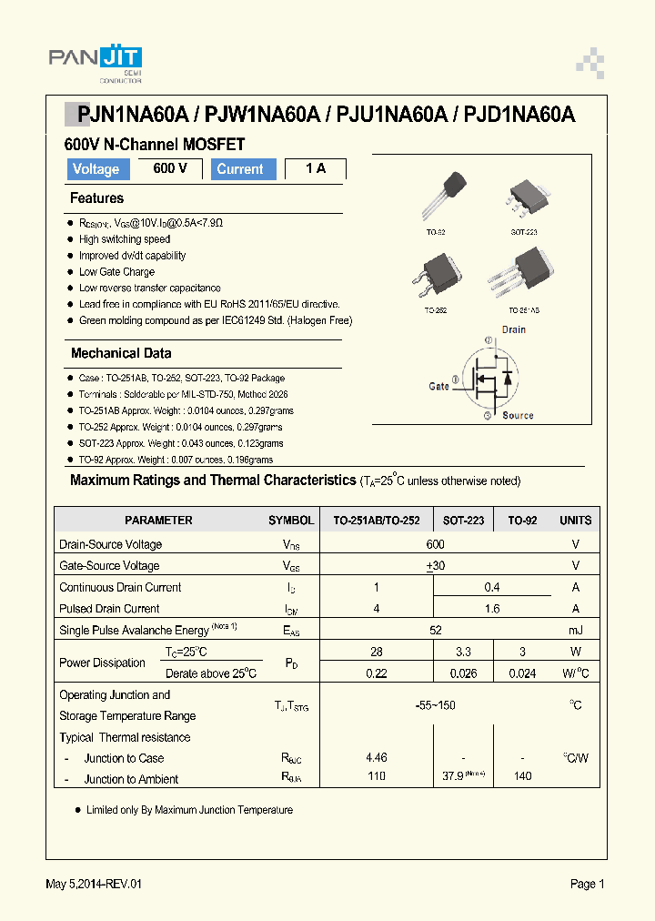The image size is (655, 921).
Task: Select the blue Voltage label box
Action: pyautogui.click(x=96, y=169)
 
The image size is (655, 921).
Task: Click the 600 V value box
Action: pyautogui.click(x=170, y=169)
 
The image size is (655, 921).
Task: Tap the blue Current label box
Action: pyautogui.click(x=240, y=169)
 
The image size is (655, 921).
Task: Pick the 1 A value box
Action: pyautogui.click(x=315, y=169)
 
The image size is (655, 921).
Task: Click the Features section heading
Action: pyautogui.click(x=96, y=198)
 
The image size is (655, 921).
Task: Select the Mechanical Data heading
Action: pyautogui.click(x=121, y=353)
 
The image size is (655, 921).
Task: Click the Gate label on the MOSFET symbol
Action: pyautogui.click(x=438, y=386)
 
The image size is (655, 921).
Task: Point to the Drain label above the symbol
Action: pyautogui.click(x=514, y=329)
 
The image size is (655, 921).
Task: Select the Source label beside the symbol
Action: pyautogui.click(x=518, y=416)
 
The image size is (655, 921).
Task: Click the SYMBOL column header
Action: pyautogui.click(x=291, y=521)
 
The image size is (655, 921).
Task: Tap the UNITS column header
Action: pyautogui.click(x=575, y=521)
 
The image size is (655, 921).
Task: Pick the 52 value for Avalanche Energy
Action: pyautogui.click(x=435, y=630)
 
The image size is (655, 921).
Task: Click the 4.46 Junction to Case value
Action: pyautogui.click(x=376, y=757)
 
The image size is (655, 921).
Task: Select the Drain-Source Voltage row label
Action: pyautogui.click(x=111, y=544)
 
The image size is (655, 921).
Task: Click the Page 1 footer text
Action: pyautogui.click(x=587, y=884)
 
